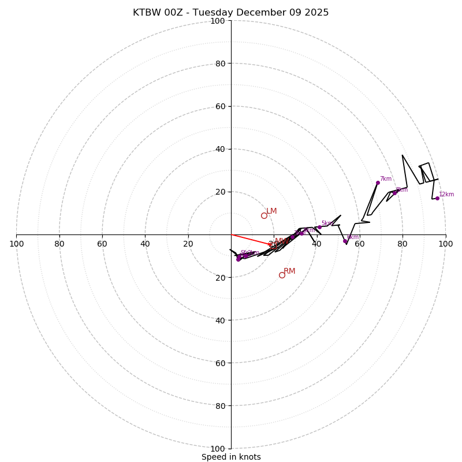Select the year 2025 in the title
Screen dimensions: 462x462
click(316, 13)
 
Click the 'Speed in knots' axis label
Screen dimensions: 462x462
click(231, 457)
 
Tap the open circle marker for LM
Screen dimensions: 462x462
click(264, 215)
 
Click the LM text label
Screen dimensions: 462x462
click(271, 211)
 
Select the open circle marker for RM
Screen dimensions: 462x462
click(282, 275)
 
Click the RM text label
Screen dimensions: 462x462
click(289, 271)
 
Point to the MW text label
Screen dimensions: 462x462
click(281, 241)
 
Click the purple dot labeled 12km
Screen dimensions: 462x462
click(437, 198)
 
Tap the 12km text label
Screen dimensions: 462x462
click(446, 195)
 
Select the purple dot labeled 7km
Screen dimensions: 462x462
click(378, 182)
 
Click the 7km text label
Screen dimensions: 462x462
click(386, 179)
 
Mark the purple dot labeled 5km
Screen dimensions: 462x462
click(319, 227)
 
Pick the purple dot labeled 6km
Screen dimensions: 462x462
click(345, 241)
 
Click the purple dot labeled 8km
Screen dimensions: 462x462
click(394, 193)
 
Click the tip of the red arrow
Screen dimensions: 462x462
click(274, 245)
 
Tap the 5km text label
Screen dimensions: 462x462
click(327, 223)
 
